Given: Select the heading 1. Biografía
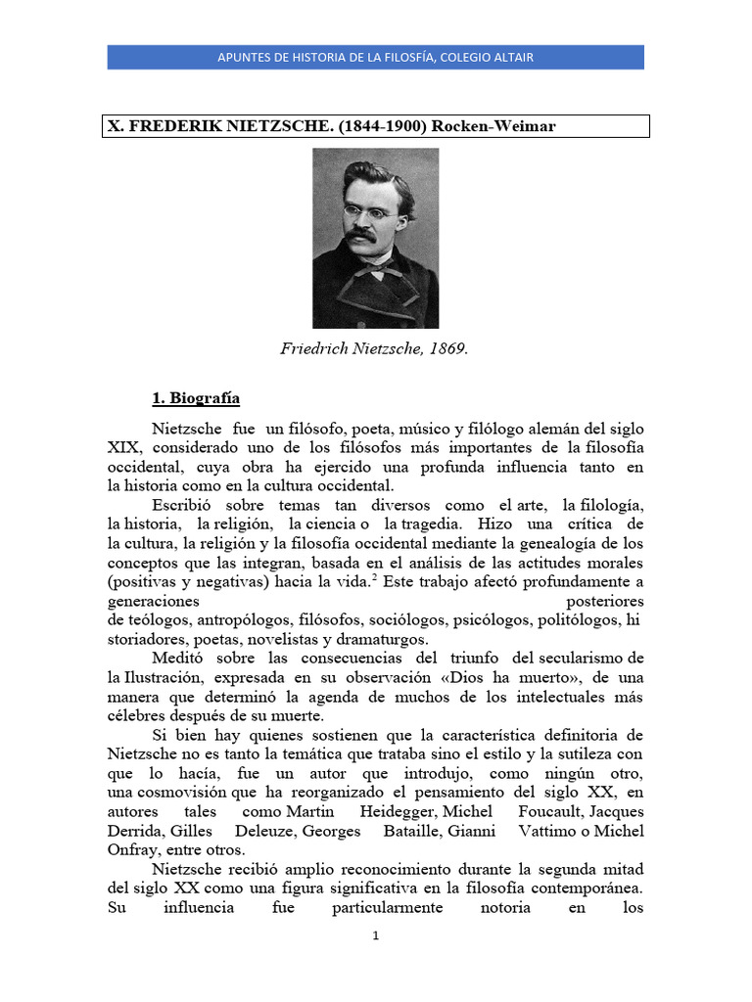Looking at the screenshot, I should click(x=196, y=398).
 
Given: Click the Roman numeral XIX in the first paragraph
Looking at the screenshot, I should click(x=123, y=448).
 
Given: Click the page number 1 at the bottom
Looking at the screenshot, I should click(x=375, y=935).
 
